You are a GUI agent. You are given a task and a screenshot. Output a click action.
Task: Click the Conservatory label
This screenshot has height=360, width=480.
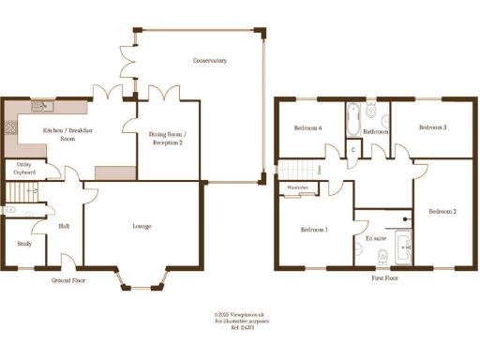pos(211,61)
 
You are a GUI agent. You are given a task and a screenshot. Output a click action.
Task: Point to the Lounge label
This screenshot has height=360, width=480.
pos(142,226)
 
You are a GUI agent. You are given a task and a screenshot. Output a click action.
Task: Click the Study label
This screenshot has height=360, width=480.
pos(23,244)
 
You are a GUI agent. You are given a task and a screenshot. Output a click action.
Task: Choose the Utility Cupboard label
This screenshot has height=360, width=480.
pos(23,170)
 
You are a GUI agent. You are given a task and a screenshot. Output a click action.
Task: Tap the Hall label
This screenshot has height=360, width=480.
pos(64,226)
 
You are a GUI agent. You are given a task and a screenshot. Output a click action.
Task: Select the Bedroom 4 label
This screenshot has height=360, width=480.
pos(307,128)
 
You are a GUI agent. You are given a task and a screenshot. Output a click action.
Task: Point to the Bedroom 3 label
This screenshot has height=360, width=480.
pos(431,127)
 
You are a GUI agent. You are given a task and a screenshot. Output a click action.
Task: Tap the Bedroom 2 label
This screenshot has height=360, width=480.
pos(442,212)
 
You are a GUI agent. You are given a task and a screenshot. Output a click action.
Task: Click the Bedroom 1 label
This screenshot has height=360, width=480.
pos(314,230)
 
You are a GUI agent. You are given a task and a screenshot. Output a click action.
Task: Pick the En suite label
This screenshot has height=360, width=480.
pos(375,238)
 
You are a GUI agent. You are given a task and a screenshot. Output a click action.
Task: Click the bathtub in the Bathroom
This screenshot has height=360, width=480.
pos(353,118)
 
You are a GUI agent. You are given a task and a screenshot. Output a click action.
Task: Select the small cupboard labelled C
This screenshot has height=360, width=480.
pos(352,150)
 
